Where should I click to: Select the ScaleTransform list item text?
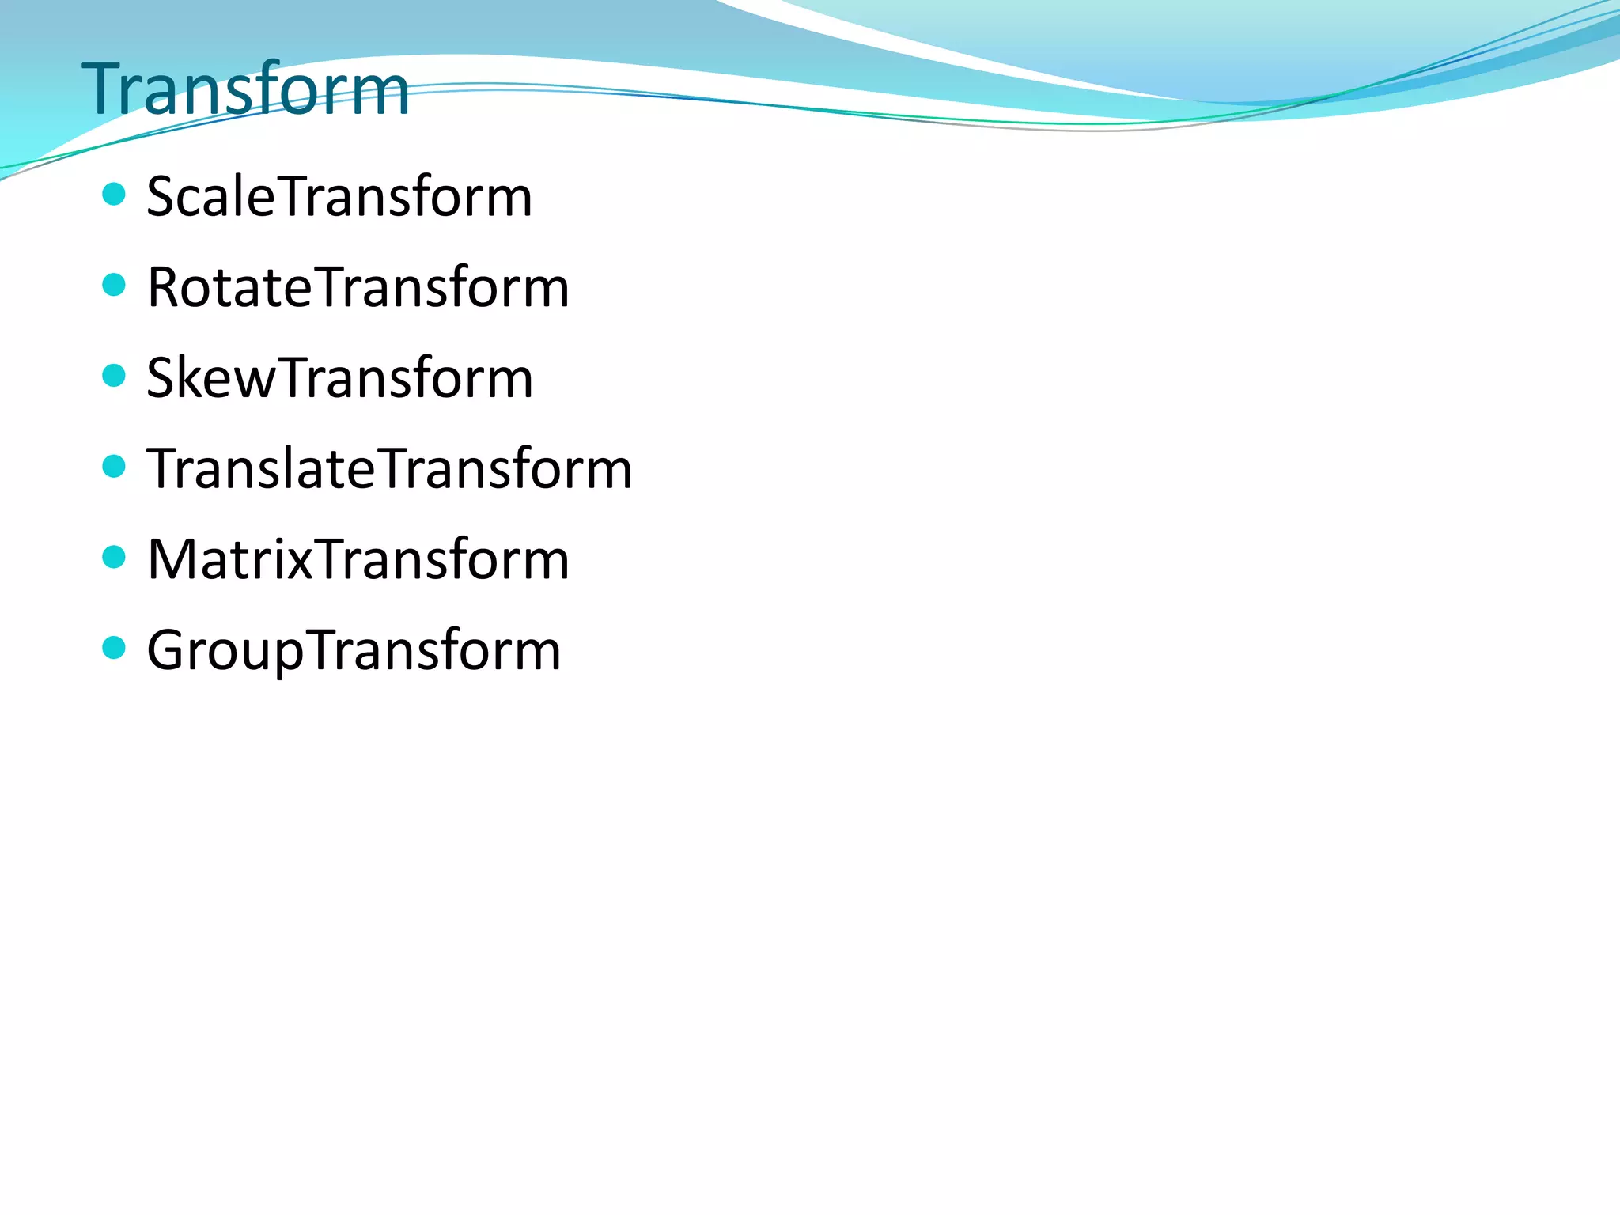click(x=339, y=197)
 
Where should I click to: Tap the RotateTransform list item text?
click(x=358, y=288)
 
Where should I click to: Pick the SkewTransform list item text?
click(x=339, y=378)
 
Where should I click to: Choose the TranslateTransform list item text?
click(x=389, y=469)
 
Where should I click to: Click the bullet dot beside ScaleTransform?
click(x=115, y=194)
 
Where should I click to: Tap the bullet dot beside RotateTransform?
click(x=115, y=285)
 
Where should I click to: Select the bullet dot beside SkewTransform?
click(x=115, y=375)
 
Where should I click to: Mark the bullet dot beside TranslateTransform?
click(x=115, y=466)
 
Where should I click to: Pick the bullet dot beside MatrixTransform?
click(x=115, y=557)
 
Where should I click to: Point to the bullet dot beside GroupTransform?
click(x=115, y=648)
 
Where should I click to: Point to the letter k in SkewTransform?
click(x=198, y=378)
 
